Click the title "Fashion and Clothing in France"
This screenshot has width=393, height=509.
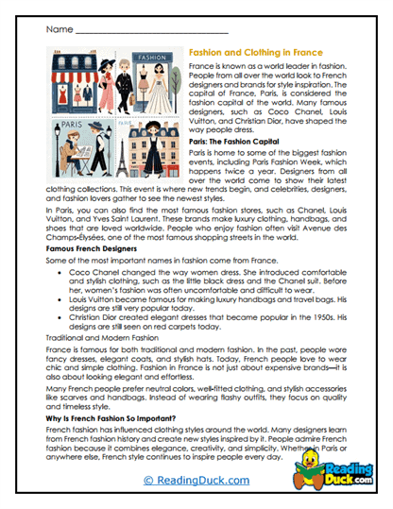click(x=254, y=55)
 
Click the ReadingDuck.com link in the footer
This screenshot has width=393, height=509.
click(x=196, y=480)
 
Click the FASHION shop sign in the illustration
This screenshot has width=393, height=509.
click(x=153, y=57)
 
